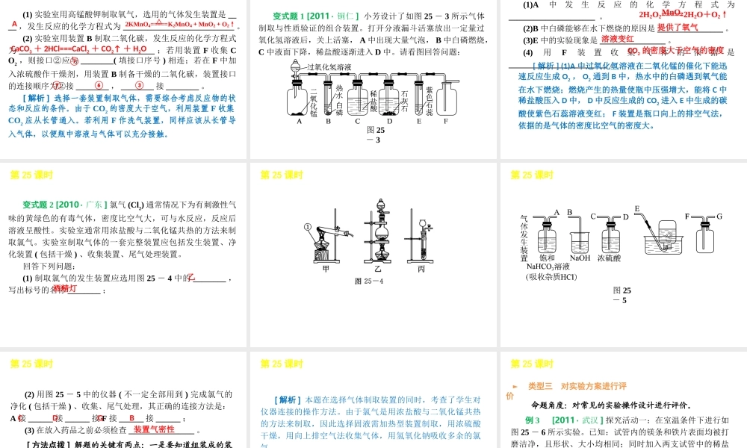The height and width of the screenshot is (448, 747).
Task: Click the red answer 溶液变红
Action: click(618, 39)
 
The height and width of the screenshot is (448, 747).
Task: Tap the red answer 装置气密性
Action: click(154, 429)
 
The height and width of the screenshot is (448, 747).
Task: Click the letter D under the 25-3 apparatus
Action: click(390, 121)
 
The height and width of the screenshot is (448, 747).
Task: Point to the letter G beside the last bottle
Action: click(719, 217)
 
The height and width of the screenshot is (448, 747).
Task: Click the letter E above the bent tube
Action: click(636, 209)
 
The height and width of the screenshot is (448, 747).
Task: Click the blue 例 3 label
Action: click(533, 420)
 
